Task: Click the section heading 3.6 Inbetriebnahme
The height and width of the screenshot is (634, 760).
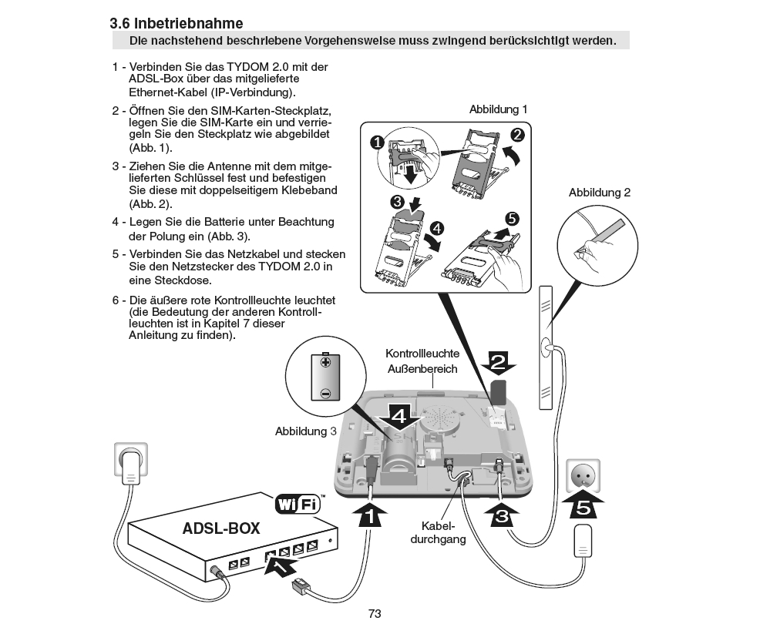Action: pyautogui.click(x=177, y=24)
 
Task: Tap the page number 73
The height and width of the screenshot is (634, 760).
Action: pyautogui.click(x=375, y=614)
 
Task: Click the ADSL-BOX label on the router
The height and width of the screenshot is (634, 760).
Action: pyautogui.click(x=221, y=529)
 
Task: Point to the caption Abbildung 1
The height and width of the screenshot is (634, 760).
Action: pyautogui.click(x=499, y=110)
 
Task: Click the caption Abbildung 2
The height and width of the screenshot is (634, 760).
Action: pyautogui.click(x=600, y=193)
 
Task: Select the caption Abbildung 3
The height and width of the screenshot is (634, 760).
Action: pyautogui.click(x=306, y=431)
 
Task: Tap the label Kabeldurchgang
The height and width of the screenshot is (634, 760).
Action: pyautogui.click(x=445, y=532)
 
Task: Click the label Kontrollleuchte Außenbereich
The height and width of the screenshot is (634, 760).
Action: pyautogui.click(x=422, y=361)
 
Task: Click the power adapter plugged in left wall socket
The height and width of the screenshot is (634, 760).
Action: pyautogui.click(x=133, y=464)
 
